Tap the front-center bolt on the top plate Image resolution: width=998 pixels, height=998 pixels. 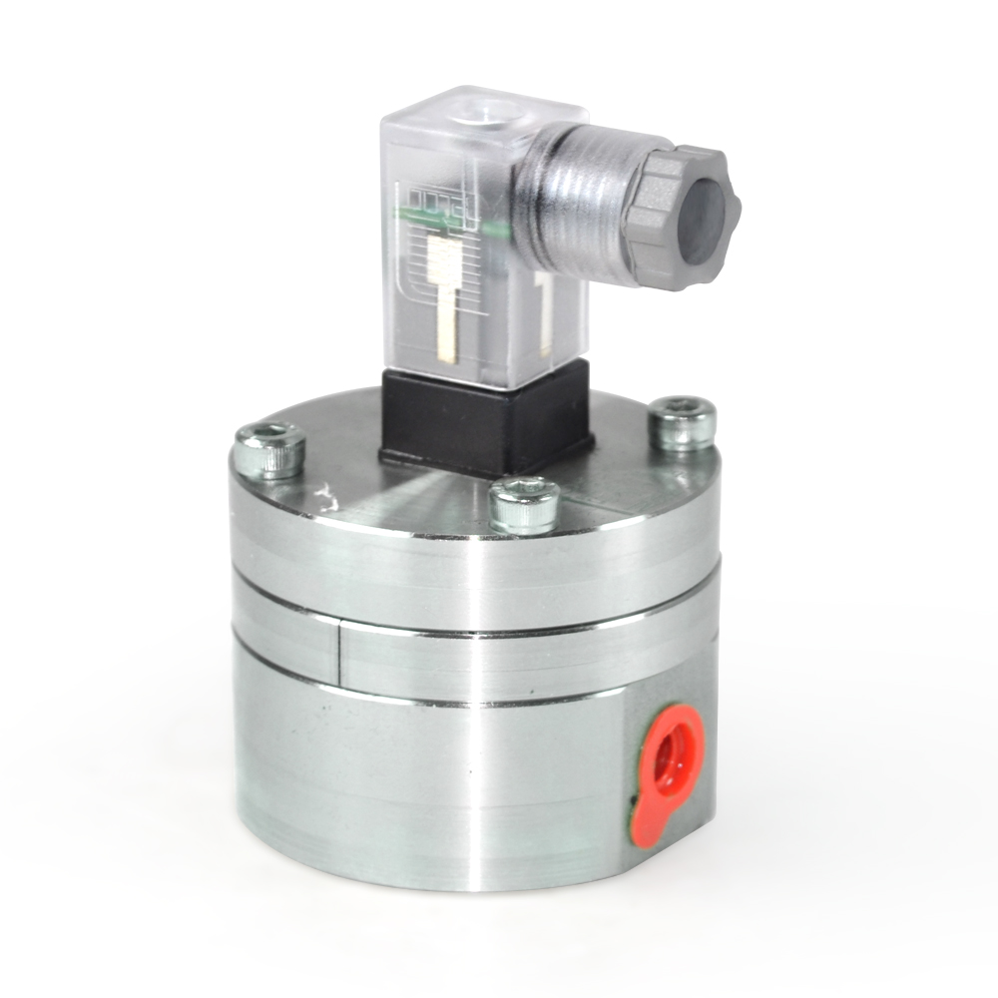tap(525, 504)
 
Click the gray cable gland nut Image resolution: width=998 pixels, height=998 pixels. tap(684, 216)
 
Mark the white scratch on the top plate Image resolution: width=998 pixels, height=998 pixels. tap(321, 492)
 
